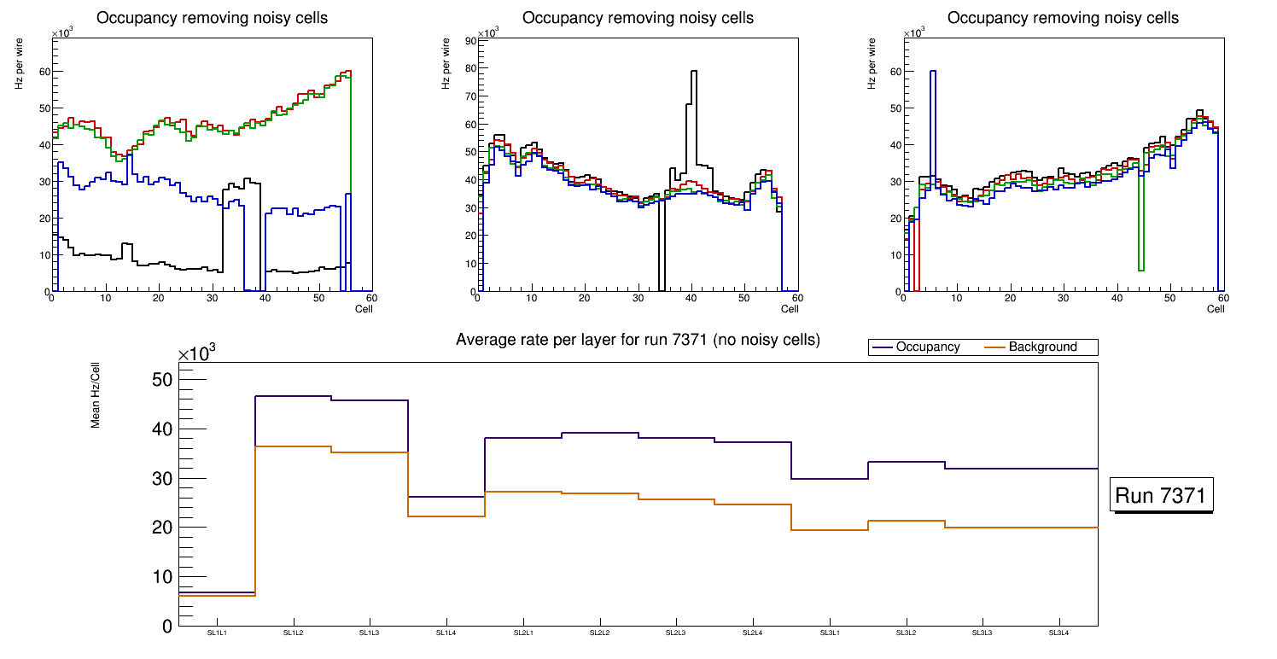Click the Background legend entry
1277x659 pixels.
(1042, 347)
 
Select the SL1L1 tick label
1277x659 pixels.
(217, 633)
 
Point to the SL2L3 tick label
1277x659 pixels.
(676, 633)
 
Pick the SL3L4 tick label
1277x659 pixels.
(1058, 633)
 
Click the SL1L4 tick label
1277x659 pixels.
(446, 633)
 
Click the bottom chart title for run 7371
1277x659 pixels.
(638, 340)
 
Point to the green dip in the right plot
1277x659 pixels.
(1141, 248)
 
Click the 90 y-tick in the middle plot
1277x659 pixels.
(469, 40)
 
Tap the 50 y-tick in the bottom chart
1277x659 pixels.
(160, 380)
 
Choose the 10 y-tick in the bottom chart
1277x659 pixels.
(161, 577)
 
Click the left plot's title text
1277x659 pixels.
(212, 18)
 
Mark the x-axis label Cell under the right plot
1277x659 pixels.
(1216, 309)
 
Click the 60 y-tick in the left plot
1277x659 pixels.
(44, 73)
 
